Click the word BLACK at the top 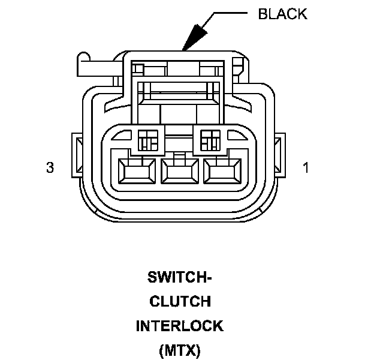[x=282, y=14]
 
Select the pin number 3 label [x=50, y=168]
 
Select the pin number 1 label [x=306, y=168]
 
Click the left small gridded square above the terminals [x=147, y=140]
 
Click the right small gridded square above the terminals [x=210, y=140]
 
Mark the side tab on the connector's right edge [x=278, y=154]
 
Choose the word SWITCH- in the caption [x=180, y=278]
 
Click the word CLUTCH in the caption [x=180, y=302]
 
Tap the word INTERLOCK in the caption [x=180, y=326]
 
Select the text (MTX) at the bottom [x=180, y=349]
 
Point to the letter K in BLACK [x=301, y=14]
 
